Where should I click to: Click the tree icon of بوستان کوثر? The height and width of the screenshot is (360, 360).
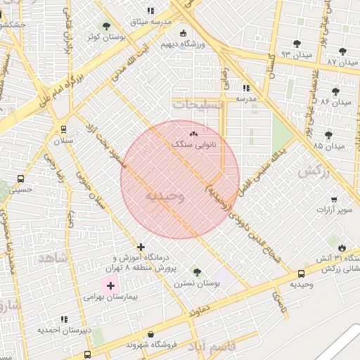tap(106, 26)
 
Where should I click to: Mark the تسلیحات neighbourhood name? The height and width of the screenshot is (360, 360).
tap(198, 104)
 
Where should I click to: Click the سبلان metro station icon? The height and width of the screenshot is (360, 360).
tap(64, 129)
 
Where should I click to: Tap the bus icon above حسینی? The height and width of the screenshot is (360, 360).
tap(20, 179)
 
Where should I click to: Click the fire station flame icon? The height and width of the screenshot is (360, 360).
tap(342, 247)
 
